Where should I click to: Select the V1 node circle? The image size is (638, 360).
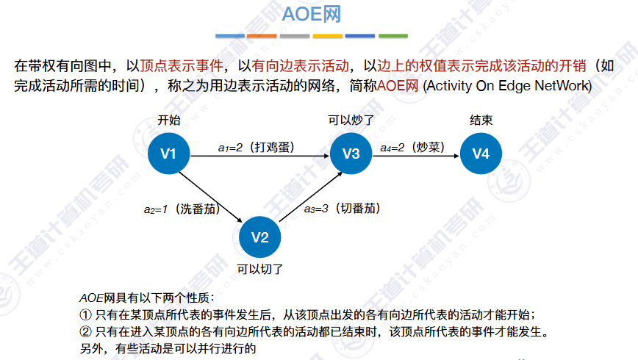pos(169,154)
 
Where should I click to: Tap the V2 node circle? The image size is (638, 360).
pos(260,237)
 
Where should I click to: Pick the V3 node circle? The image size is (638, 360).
pos(351,154)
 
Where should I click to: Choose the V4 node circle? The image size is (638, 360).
pos(481,154)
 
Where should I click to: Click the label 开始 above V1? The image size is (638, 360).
pos(169,120)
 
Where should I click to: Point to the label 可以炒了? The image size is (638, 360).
pos(352,120)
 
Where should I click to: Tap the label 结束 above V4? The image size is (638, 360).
pos(481,120)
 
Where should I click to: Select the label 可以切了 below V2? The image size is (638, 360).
pos(260,269)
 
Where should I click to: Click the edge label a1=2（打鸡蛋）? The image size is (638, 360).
pos(256,147)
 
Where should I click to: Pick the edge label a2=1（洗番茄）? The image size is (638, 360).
pos(182,209)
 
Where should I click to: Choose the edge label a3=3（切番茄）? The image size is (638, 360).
pos(342,209)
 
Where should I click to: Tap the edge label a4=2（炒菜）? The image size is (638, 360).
pos(413,147)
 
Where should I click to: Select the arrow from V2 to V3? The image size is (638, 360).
pos(307,195)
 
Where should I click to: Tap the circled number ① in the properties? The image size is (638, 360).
pos(84,314)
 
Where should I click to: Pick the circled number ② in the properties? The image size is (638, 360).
pos(84,331)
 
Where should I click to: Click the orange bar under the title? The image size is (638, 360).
pos(262,35)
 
